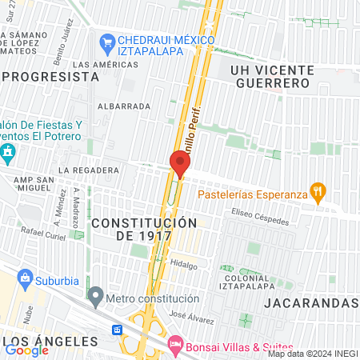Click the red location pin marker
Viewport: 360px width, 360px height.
179,163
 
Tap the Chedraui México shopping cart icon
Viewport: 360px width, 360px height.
107,40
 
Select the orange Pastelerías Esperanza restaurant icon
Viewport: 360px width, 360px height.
318,190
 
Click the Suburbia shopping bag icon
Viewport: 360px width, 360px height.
26,280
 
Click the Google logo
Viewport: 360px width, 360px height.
26,349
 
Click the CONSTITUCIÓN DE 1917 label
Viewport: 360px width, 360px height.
143,229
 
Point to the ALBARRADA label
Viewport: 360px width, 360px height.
123,106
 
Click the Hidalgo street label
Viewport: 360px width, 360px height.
183,262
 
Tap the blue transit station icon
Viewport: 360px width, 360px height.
117,330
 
